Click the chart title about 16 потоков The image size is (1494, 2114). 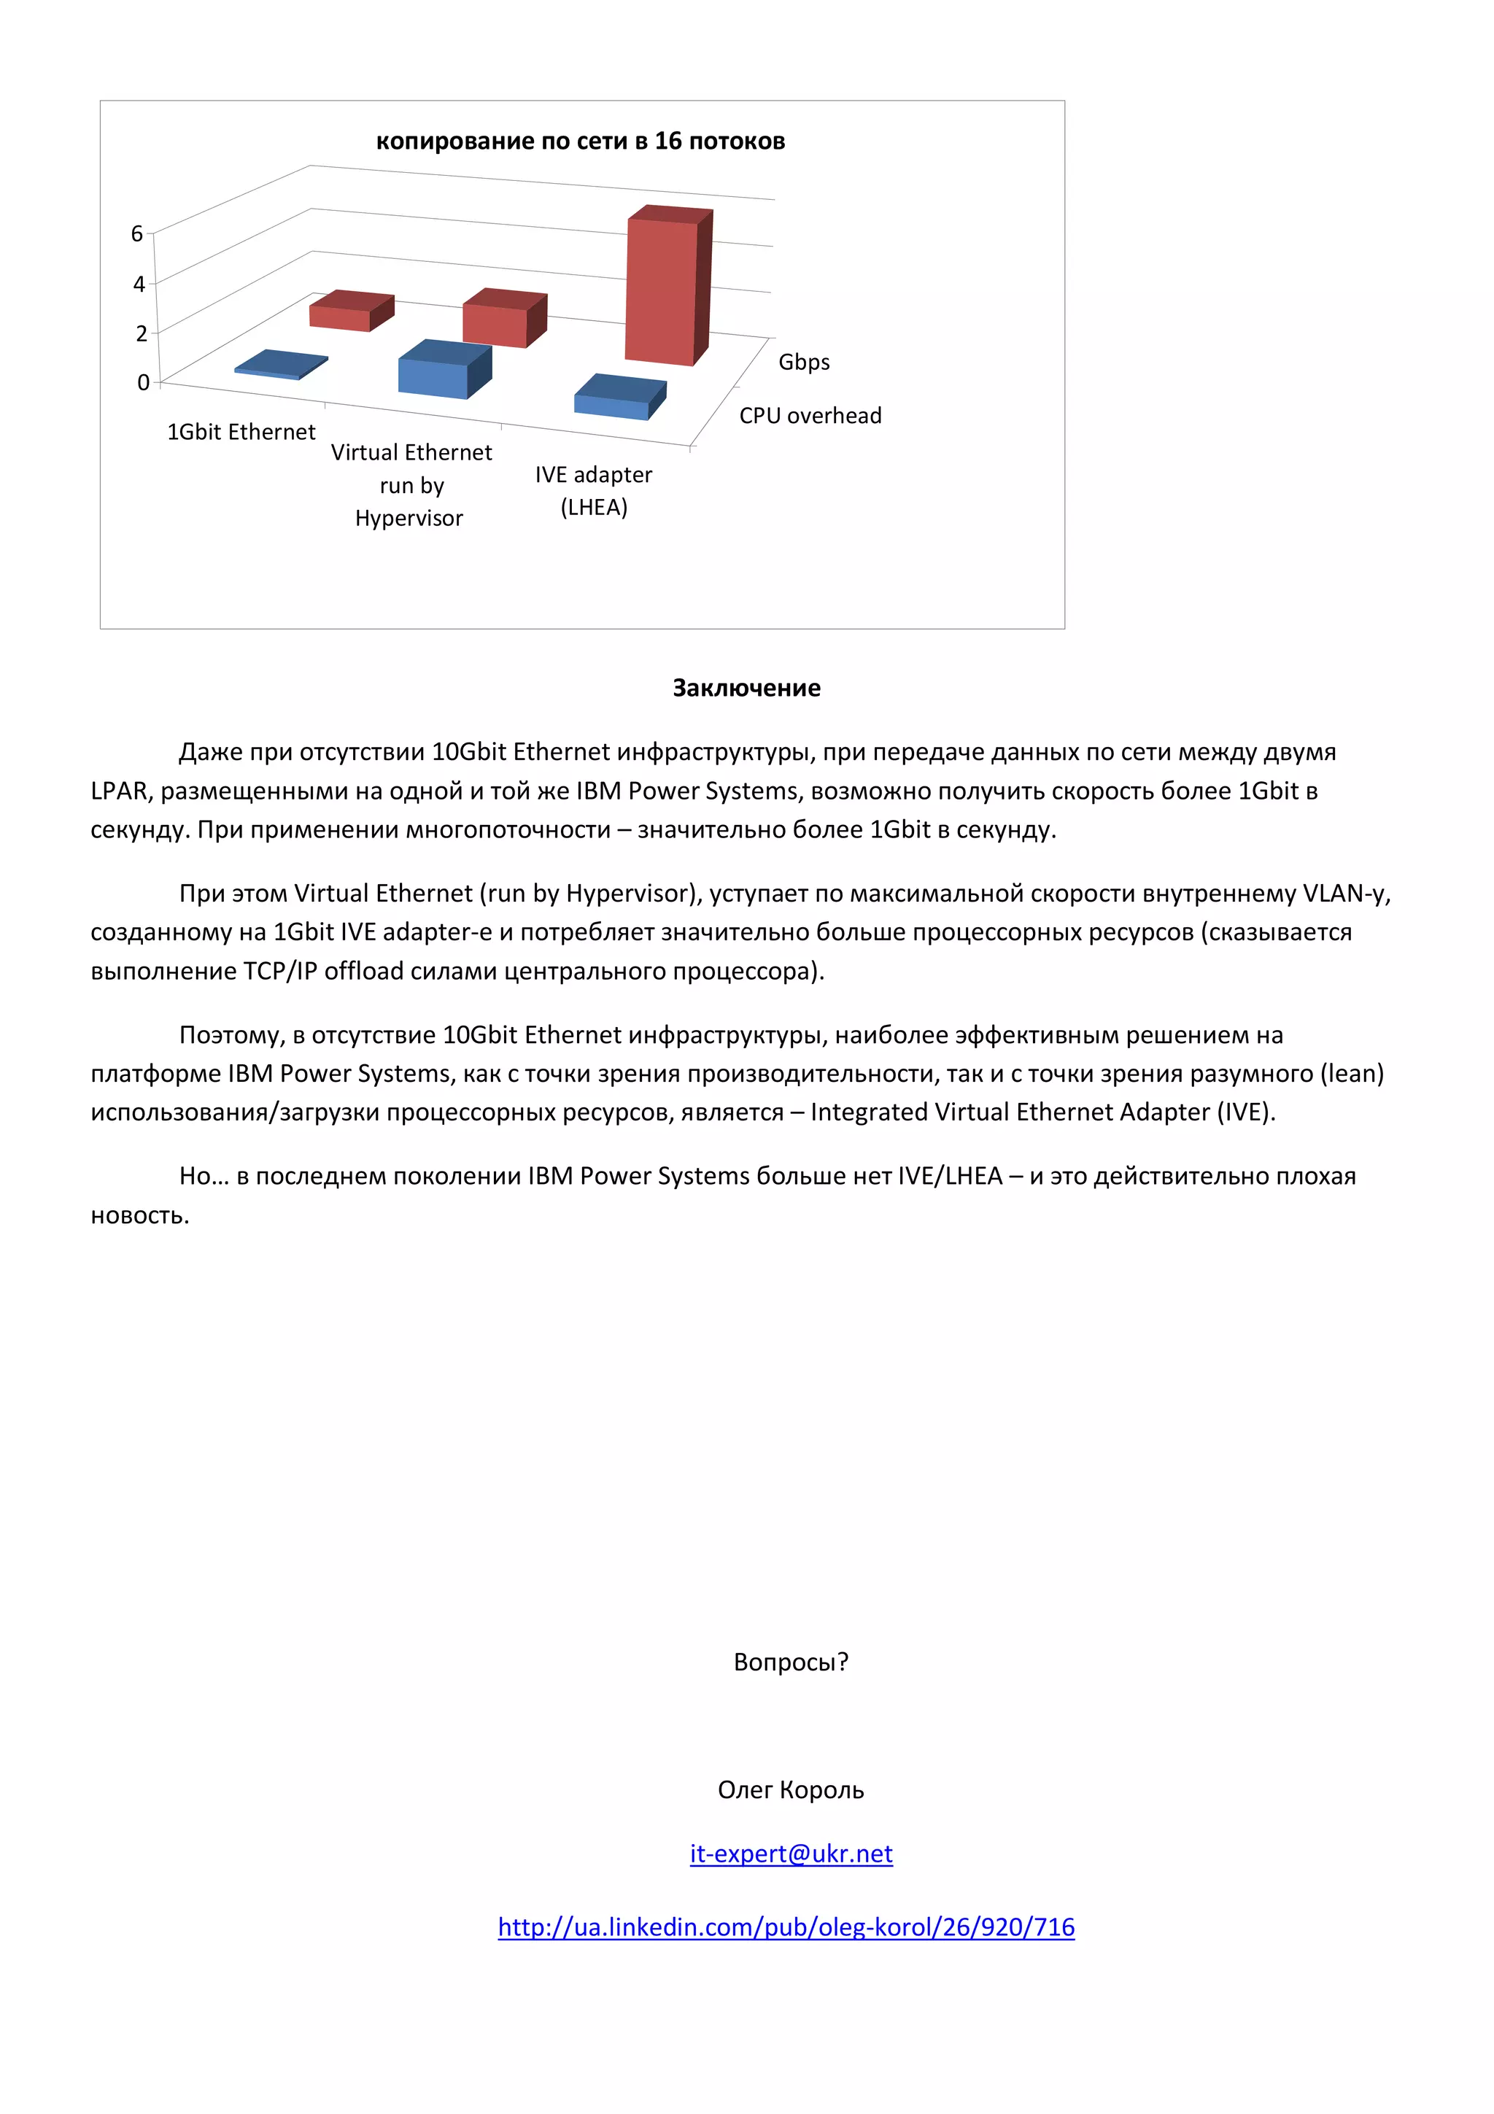point(580,141)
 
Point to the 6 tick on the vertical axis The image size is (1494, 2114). point(137,234)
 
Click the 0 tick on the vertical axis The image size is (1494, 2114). point(143,382)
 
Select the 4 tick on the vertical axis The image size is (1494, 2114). point(139,284)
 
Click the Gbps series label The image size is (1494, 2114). point(804,362)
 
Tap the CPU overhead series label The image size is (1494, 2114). point(810,415)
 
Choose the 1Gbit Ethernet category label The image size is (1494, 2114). point(241,432)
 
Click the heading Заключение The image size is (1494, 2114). point(746,688)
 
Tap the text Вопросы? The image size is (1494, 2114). point(791,1661)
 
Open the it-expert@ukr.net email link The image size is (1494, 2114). point(791,1853)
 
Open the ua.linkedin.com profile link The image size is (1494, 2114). point(786,1927)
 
